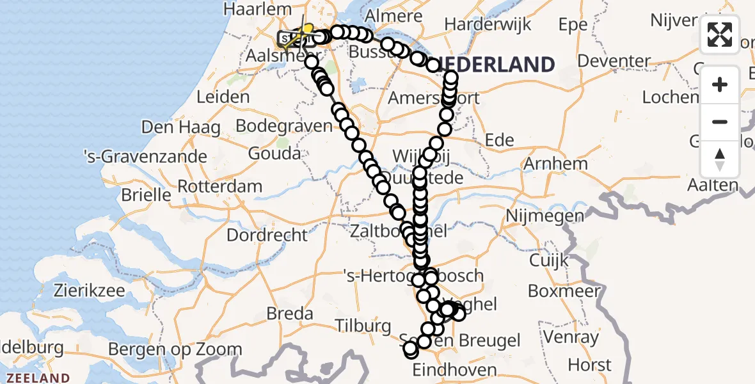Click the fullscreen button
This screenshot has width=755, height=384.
[720, 35]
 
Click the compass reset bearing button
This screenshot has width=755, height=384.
[720, 159]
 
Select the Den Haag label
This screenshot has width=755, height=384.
[181, 127]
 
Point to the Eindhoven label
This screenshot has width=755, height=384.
[454, 370]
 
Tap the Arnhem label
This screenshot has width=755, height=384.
[555, 163]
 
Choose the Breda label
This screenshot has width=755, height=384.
[289, 314]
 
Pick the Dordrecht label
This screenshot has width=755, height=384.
[267, 235]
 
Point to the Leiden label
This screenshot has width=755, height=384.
[223, 97]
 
